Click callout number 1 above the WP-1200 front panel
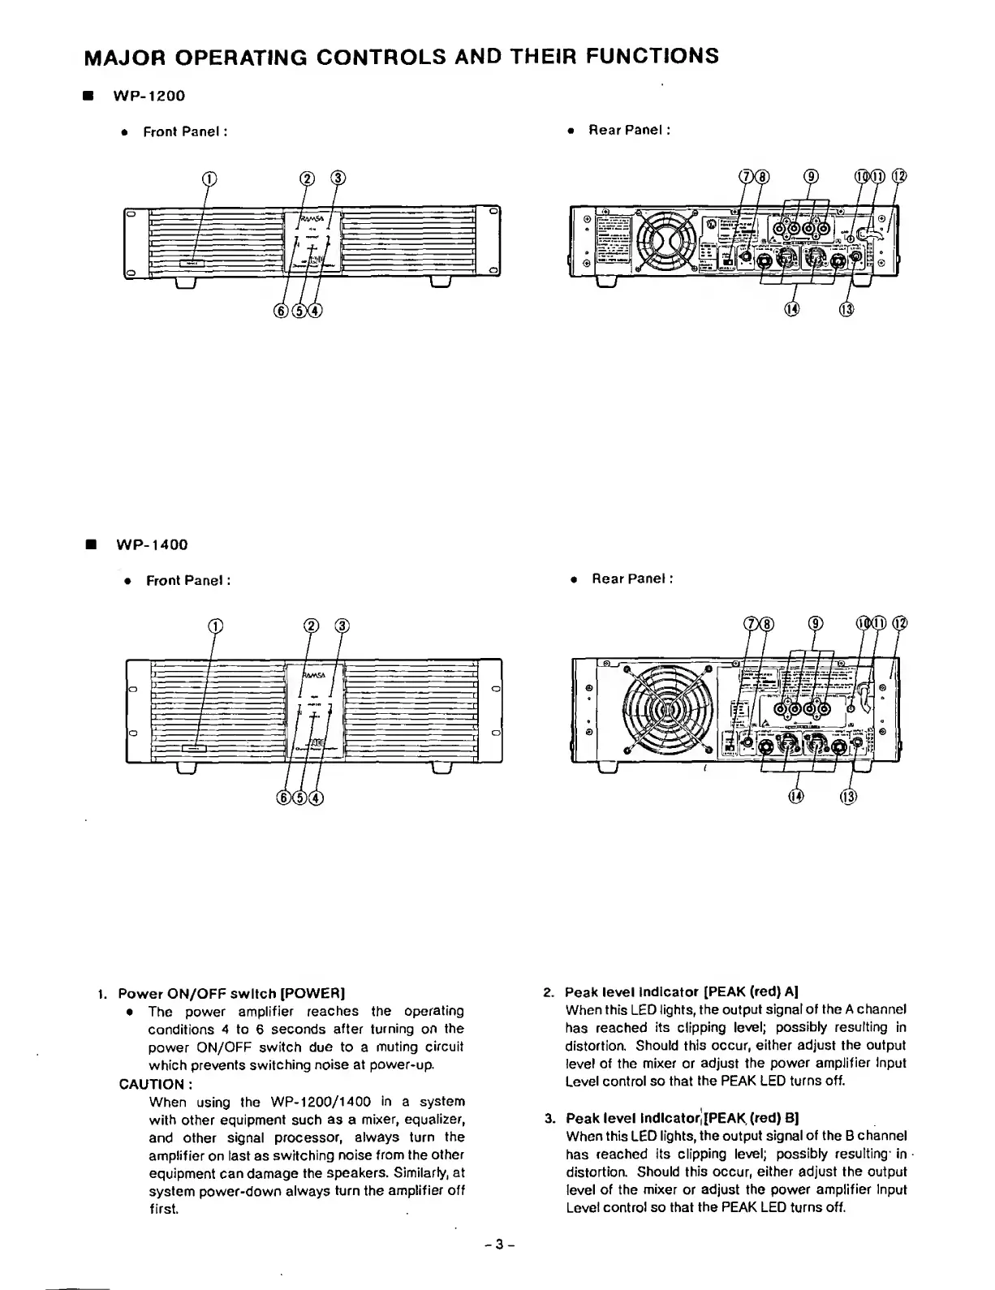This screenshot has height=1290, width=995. click(x=209, y=178)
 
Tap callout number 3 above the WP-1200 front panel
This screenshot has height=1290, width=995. click(x=336, y=178)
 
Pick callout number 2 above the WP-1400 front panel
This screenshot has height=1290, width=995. click(x=310, y=625)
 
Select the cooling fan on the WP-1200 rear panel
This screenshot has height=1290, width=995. click(x=665, y=240)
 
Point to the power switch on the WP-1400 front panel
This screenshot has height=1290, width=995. click(x=194, y=749)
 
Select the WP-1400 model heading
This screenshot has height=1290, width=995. click(x=152, y=544)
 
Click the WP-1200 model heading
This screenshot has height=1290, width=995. click(x=149, y=96)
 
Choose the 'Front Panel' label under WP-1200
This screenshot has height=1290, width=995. click(x=183, y=131)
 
